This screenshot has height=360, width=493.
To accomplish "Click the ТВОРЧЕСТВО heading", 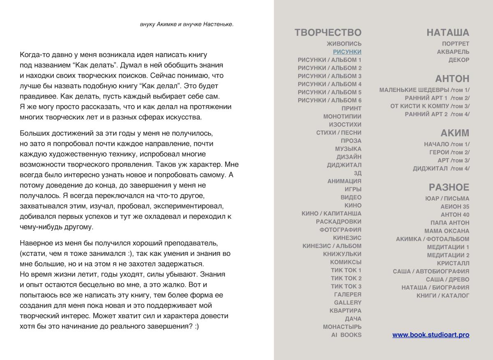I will [x=328, y=33].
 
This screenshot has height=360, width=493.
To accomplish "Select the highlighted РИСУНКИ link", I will [x=347, y=52].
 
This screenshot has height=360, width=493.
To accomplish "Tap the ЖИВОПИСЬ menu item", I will [x=344, y=44].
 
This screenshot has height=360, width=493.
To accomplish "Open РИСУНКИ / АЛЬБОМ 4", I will [x=329, y=84].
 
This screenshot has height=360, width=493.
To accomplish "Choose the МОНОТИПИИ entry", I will [x=342, y=117].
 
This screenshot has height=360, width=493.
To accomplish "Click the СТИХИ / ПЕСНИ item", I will [x=339, y=133].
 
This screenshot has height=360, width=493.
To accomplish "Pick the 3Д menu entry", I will [x=357, y=173].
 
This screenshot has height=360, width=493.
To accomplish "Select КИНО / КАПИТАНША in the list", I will [x=331, y=213].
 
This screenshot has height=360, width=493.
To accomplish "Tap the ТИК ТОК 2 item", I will [x=346, y=278].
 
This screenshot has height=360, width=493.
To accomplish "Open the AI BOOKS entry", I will [x=346, y=335].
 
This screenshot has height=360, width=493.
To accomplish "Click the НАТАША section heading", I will [x=447, y=33].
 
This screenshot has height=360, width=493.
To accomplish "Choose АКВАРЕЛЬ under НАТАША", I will [x=453, y=52].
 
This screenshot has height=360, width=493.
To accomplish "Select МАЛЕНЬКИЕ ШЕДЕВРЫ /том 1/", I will [x=424, y=90].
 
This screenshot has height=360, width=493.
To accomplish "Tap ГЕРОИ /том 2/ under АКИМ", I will [x=449, y=152].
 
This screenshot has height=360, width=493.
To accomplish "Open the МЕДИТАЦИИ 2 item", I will [x=448, y=255].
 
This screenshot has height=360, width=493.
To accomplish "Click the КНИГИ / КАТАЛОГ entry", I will [x=442, y=296].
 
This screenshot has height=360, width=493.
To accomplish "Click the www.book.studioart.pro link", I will [x=431, y=335].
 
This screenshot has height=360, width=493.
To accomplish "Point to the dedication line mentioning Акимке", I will [x=187, y=24].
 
